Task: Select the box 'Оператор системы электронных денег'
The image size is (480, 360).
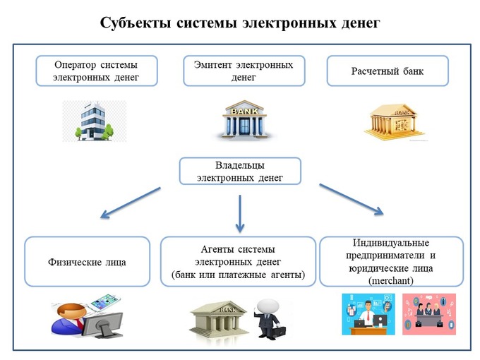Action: click(97, 71)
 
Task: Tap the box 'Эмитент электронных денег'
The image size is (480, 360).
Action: click(244, 71)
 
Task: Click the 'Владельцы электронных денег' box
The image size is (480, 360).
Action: click(240, 171)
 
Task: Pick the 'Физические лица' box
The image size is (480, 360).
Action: click(88, 262)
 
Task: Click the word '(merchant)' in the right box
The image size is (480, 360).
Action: click(391, 280)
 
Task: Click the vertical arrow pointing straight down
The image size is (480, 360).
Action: click(240, 212)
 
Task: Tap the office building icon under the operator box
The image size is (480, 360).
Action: click(94, 121)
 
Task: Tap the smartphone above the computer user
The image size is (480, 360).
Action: click(102, 304)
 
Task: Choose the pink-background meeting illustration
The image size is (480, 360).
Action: click(429, 314)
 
